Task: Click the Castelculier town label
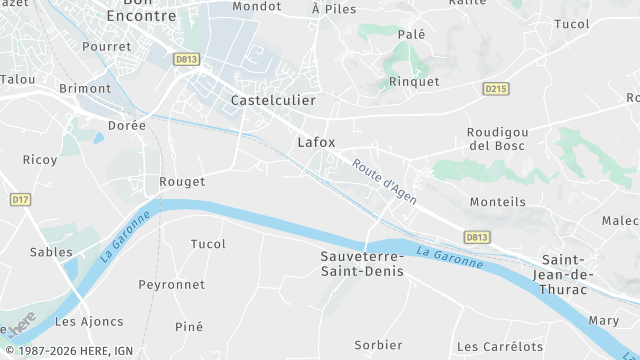coord(273,101)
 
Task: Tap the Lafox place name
coord(316,142)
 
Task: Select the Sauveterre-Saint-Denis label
coord(361,263)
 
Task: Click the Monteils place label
coord(497,202)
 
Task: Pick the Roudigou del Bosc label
coord(496,139)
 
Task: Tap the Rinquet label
coord(414,82)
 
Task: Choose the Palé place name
coord(412,34)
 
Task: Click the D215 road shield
coord(496,89)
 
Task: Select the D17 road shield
coord(20,200)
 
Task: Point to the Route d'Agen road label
coord(384,177)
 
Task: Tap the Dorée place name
coord(126,126)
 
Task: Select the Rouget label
coord(182,182)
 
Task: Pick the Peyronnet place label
coord(171,285)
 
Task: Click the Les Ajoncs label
coord(89,322)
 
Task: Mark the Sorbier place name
coord(378,345)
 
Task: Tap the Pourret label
coord(107,47)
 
